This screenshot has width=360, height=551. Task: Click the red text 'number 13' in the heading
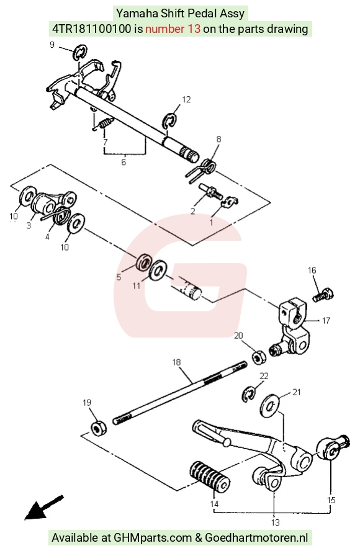point(173,29)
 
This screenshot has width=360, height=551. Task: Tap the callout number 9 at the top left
point(52,45)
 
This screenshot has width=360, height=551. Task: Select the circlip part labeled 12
point(169,120)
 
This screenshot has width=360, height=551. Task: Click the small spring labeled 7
point(106,123)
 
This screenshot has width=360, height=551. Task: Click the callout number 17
point(326,320)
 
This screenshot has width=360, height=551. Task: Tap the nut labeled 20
point(259,357)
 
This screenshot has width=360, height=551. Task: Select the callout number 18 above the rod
point(176,362)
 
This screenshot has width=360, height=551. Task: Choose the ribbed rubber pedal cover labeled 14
point(210,476)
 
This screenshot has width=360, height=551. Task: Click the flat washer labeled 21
point(269,406)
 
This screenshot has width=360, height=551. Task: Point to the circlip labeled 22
point(248,393)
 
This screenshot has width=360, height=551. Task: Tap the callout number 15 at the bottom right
point(331,499)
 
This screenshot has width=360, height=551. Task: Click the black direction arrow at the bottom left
point(43,507)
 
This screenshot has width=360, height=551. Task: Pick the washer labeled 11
point(158,270)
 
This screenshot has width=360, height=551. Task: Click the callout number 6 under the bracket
point(124,162)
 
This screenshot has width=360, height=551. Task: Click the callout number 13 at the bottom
point(275,522)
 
